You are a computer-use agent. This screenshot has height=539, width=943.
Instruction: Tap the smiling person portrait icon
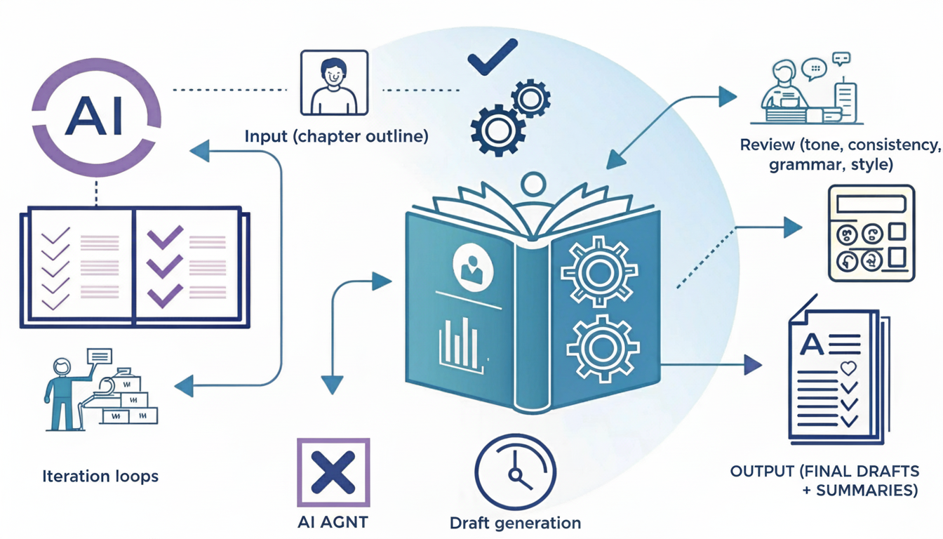point(333,82)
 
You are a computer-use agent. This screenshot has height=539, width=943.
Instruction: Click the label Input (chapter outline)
point(336,136)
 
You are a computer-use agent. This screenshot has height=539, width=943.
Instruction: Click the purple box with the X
point(333,472)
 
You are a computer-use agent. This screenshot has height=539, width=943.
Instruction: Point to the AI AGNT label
point(333,522)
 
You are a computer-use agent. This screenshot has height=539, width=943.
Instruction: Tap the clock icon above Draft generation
point(515,472)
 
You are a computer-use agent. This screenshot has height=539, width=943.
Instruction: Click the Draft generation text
point(515,523)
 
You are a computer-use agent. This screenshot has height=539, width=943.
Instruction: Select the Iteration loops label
point(100,476)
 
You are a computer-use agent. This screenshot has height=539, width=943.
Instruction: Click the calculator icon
point(871,233)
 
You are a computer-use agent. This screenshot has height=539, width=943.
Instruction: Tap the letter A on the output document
point(812,343)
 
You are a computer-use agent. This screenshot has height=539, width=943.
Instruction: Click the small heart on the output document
point(848,368)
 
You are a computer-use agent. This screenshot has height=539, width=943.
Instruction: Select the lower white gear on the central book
point(602,347)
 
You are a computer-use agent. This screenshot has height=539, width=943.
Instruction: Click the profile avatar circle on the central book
point(472,267)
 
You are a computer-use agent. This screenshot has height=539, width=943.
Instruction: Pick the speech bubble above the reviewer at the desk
point(815,68)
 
